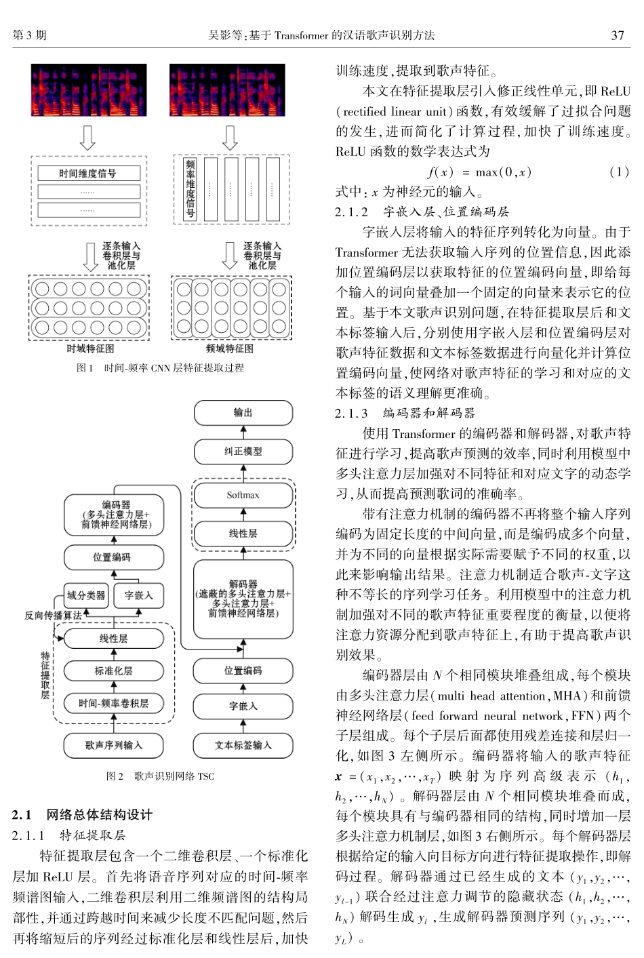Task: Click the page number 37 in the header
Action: (617, 35)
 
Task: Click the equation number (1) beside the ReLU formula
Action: (618, 172)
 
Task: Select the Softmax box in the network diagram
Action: (243, 496)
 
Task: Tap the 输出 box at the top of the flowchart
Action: (243, 412)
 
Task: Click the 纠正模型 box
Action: (243, 452)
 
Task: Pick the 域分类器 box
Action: (86, 596)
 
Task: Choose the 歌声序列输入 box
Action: (114, 745)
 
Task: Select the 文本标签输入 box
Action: (243, 745)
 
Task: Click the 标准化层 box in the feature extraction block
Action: (114, 671)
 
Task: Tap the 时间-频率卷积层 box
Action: (114, 704)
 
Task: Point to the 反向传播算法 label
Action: (53, 616)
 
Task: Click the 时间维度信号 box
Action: (88, 174)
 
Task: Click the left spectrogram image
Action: (89, 90)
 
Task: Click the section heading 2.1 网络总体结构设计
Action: (83, 814)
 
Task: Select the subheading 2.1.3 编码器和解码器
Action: (405, 413)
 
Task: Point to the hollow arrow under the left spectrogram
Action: (88, 138)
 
